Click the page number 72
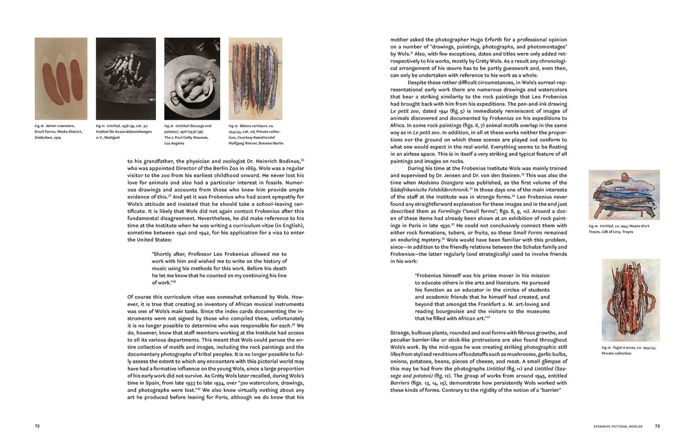coord(37,426)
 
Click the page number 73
coord(657,426)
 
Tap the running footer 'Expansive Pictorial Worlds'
coord(618,427)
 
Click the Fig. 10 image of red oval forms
coord(61,78)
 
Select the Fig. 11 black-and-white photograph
coord(126,78)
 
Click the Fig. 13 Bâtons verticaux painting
coord(255,78)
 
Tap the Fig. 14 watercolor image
coord(624,194)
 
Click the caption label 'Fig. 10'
coord(39,126)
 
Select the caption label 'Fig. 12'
coord(169,126)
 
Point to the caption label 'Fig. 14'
coord(593,226)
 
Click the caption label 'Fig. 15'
coord(606,347)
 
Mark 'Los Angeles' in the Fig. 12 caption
coord(174,143)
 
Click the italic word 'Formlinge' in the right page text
coord(449,211)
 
